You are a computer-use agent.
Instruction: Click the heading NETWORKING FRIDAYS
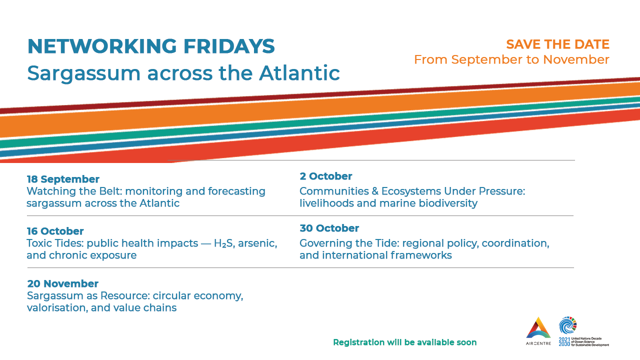[x=151, y=46]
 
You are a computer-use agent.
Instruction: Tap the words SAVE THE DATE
[x=557, y=44]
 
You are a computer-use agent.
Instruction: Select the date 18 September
[x=63, y=179]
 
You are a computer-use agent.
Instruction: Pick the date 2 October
[x=325, y=176]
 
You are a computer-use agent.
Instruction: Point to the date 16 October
[x=55, y=231]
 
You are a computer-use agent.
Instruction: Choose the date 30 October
[x=329, y=228]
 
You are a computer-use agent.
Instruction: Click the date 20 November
[x=63, y=283]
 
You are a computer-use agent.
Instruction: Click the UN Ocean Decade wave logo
[x=567, y=325]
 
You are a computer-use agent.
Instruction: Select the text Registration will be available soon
[x=405, y=342]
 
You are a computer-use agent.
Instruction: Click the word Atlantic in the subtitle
[x=299, y=73]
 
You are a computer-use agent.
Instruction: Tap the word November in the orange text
[x=576, y=59]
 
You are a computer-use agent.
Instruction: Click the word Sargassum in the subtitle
[x=83, y=73]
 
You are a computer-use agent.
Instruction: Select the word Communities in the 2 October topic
[x=334, y=191]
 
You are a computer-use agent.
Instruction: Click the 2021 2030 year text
[x=564, y=341]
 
